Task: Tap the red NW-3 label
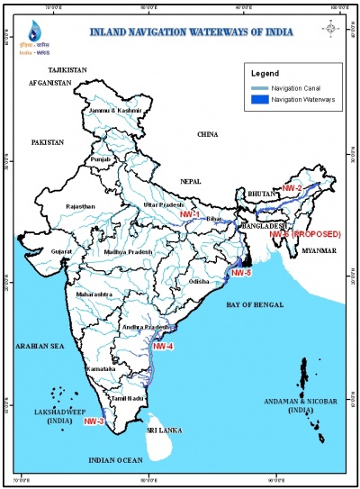point(94,421)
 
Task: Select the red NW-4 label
point(163,346)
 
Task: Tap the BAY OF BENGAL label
point(255,307)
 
